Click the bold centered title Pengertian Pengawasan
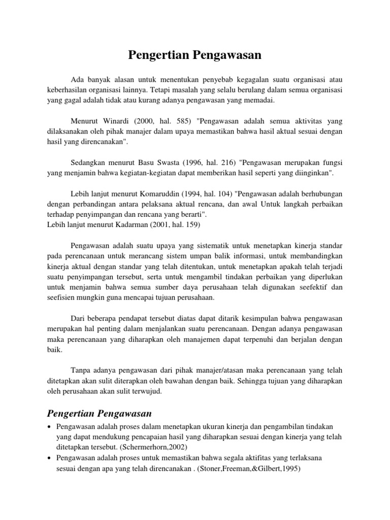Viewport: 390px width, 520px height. tap(195, 55)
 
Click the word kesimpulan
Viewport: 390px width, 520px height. tap(235, 318)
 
